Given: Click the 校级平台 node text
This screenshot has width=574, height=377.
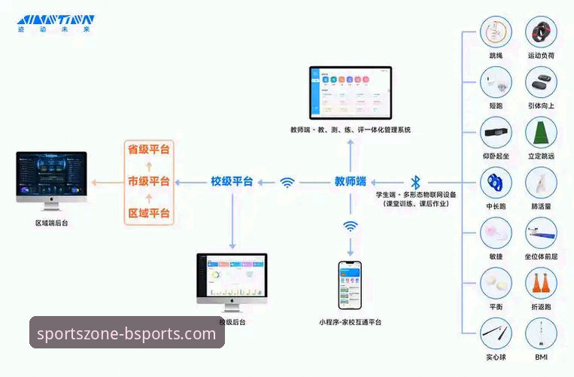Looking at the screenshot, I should pos(231,181).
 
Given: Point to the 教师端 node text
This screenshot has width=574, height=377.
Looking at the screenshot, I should pos(350,181).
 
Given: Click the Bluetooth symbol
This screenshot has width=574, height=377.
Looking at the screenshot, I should pos(415,182).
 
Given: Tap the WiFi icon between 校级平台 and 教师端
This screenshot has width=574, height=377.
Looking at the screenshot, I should pos(287,181).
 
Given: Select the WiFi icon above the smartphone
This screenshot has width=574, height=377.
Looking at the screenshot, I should pos(350,226).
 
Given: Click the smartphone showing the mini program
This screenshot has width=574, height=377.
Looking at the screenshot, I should pos(350,287).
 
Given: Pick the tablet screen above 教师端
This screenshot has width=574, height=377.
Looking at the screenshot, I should pos(351,93).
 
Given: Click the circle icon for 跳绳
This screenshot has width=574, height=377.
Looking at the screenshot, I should pos(495,32).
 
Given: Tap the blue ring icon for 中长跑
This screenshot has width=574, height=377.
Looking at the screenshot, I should pos(495,182).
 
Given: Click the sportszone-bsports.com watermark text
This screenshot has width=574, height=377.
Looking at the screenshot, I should pos(126,333).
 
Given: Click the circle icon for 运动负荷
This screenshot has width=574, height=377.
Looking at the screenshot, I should pos(541,32).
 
